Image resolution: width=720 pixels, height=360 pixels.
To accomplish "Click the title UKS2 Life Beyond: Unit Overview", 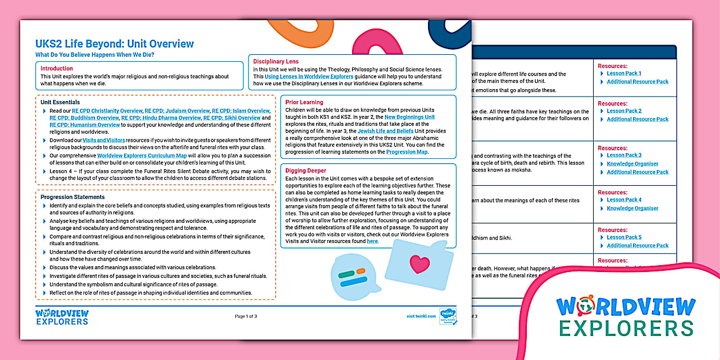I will tap(114, 44).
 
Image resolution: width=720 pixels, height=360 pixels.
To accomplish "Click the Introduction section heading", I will tap(57, 69).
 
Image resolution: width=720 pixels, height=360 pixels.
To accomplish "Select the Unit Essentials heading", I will tap(60, 102).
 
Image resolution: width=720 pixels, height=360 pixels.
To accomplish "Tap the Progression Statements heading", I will tap(73, 197).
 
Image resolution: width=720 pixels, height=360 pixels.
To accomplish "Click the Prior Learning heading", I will tap(304, 102).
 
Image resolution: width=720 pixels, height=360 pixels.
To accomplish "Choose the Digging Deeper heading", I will tap(306, 170).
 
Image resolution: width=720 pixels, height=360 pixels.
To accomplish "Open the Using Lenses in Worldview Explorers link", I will tap(308, 76).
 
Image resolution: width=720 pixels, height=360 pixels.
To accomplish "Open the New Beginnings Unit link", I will tap(409, 117).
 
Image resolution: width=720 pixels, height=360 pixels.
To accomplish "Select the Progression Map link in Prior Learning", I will tap(407, 152).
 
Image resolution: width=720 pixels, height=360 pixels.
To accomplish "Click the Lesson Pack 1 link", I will tap(623, 73).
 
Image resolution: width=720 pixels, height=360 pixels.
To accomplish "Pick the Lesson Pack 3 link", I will tap(623, 155).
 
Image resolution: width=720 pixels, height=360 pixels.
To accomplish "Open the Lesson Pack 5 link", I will tap(623, 237).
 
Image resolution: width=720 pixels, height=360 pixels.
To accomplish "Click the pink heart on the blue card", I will tap(419, 264).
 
